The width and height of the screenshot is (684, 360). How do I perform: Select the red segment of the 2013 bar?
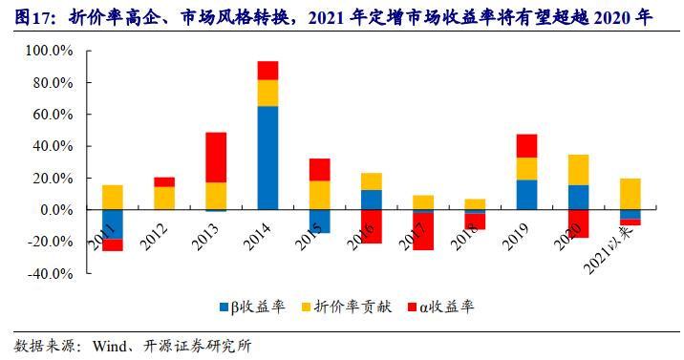tap(216, 157)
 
